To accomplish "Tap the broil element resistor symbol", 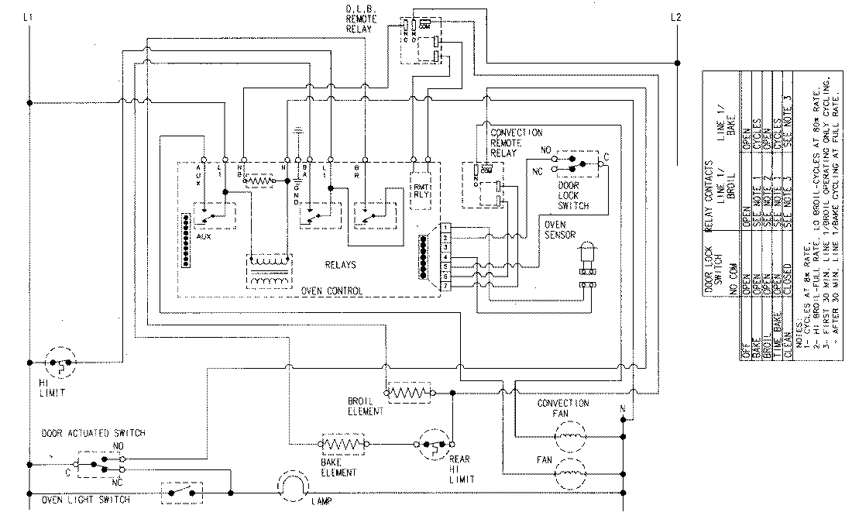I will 408,394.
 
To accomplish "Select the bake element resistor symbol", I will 341,445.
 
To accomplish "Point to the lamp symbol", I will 290,486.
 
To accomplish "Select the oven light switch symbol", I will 181,491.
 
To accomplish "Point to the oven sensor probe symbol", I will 587,256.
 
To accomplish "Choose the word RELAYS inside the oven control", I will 341,265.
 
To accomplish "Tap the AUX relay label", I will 204,236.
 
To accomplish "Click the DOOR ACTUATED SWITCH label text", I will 93,433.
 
